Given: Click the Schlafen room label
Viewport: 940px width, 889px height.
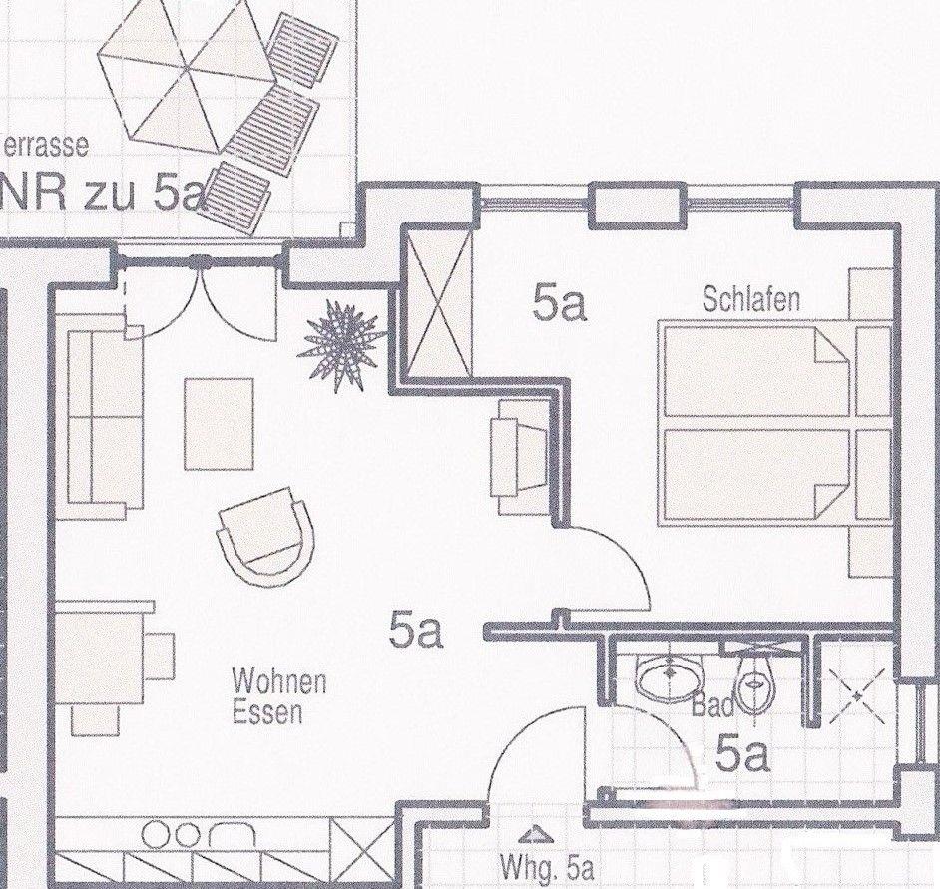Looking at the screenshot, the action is coord(750,299).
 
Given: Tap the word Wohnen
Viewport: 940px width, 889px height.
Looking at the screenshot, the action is coord(279,683).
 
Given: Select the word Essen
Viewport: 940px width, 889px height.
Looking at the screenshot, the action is coord(267,713).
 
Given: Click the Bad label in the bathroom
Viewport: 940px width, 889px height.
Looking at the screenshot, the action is coord(713,706).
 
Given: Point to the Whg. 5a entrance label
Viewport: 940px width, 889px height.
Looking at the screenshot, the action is coord(547,867).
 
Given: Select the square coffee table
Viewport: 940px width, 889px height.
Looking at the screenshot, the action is coord(219,423).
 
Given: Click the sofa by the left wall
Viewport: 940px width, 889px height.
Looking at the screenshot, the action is coord(105,416).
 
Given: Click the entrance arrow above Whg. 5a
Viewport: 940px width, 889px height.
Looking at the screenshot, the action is coord(529,835).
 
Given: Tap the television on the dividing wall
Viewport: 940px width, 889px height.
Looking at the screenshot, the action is coord(520,457).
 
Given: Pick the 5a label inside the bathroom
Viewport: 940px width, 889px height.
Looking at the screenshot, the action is coord(741,755).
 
